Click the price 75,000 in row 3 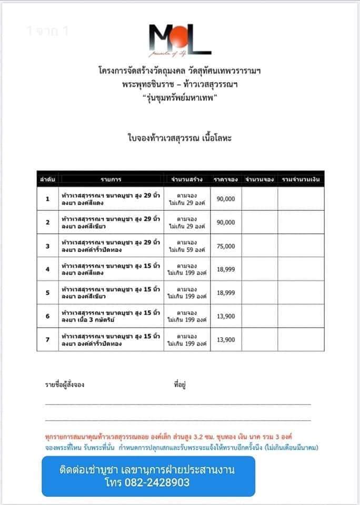click(x=226, y=246)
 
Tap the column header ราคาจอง click(x=226, y=179)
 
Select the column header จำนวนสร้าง click(x=186, y=179)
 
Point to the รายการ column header click(x=111, y=179)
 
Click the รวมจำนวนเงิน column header click(x=301, y=179)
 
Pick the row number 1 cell click(x=47, y=199)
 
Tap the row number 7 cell click(x=47, y=339)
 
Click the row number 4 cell click(x=47, y=269)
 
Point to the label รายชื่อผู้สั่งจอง click(x=65, y=385)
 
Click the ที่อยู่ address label click(x=179, y=385)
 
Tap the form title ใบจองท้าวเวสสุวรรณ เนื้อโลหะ click(x=179, y=138)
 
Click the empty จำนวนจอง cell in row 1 click(x=259, y=199)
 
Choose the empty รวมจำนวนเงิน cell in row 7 click(x=301, y=339)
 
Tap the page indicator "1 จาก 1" click(x=47, y=31)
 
